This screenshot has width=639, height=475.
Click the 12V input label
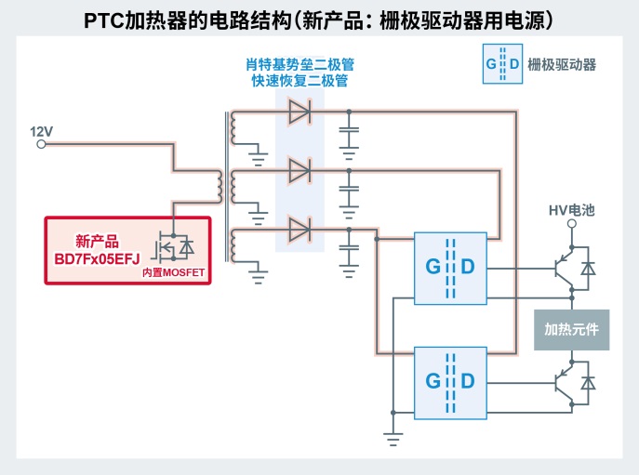coord(43,131)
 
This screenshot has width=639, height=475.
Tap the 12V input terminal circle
coord(40,144)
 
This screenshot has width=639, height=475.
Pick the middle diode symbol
coord(300,170)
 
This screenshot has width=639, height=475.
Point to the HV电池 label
coord(571,211)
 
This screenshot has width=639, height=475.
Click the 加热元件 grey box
coord(571,330)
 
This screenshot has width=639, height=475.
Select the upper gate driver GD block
coord(450,267)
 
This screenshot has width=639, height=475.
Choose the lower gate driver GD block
coord(450,380)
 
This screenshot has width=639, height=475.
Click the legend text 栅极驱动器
coord(562,65)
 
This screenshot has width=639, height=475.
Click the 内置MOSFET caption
coord(172,272)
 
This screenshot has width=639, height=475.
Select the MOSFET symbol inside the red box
coord(173,246)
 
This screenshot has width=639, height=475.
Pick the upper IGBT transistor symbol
coord(561,269)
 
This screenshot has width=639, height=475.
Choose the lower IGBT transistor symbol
coord(561,382)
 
